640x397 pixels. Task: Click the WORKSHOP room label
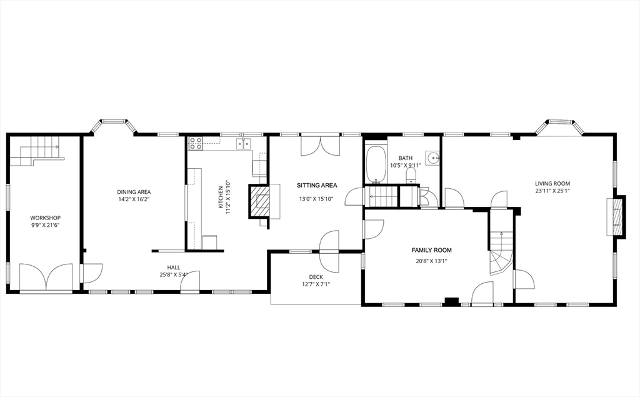point(45,218)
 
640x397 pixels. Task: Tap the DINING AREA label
point(134,192)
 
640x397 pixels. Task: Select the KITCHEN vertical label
point(221,198)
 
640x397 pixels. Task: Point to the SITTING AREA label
point(317,186)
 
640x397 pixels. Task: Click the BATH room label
point(405,158)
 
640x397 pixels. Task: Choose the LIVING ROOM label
point(552,184)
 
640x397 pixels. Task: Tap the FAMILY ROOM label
point(431,250)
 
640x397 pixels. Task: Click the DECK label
point(316,277)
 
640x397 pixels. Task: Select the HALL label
point(174,268)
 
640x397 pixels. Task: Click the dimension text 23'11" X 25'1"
point(552,191)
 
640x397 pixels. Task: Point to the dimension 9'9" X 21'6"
point(45,225)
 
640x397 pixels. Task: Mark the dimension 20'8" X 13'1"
point(431,261)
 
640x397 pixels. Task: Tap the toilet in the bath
point(411,176)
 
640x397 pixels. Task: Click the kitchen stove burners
point(196,143)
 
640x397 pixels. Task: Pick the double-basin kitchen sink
point(244,144)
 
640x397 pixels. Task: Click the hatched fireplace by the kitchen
point(259,201)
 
